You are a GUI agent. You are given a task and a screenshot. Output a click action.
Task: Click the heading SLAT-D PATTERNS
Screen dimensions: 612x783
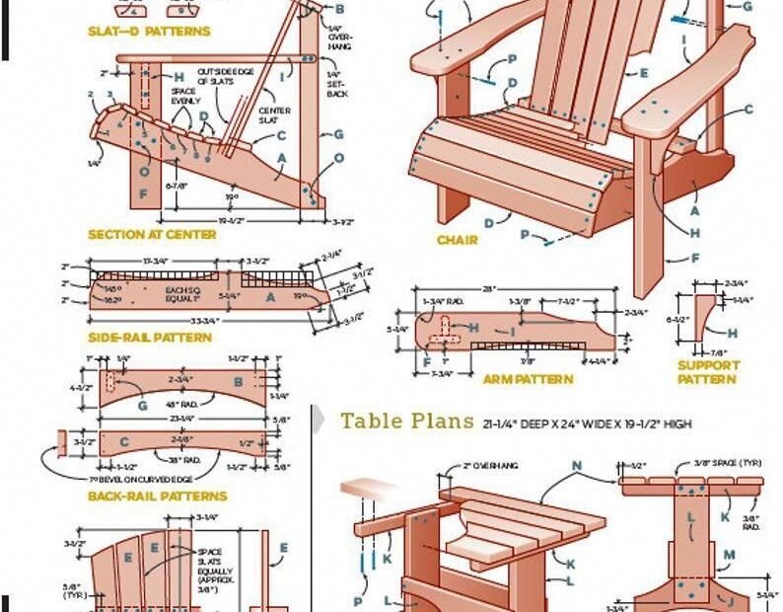[x=149, y=32]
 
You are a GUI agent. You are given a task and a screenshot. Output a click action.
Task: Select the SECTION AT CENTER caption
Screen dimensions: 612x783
[x=152, y=235]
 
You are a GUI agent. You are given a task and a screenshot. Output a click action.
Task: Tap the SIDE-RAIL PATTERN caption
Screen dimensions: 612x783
[x=149, y=338]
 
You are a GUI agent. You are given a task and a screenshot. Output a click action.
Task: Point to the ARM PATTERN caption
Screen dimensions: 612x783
[x=528, y=378]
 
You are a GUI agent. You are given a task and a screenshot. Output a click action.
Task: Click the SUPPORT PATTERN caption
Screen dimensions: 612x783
[x=708, y=372]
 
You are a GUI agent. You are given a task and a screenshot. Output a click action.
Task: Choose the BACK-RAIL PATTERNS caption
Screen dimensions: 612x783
[x=158, y=497]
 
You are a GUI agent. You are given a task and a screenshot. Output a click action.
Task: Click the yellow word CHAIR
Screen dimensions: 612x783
[x=458, y=240]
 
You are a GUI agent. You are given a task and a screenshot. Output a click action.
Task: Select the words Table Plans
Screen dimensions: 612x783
[x=407, y=421]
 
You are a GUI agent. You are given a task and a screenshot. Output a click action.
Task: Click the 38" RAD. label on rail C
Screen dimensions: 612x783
[x=183, y=460]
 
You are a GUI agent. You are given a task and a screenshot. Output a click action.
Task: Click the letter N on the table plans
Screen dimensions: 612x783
[x=577, y=465]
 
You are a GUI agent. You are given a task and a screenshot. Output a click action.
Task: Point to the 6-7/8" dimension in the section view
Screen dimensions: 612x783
[x=178, y=185]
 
